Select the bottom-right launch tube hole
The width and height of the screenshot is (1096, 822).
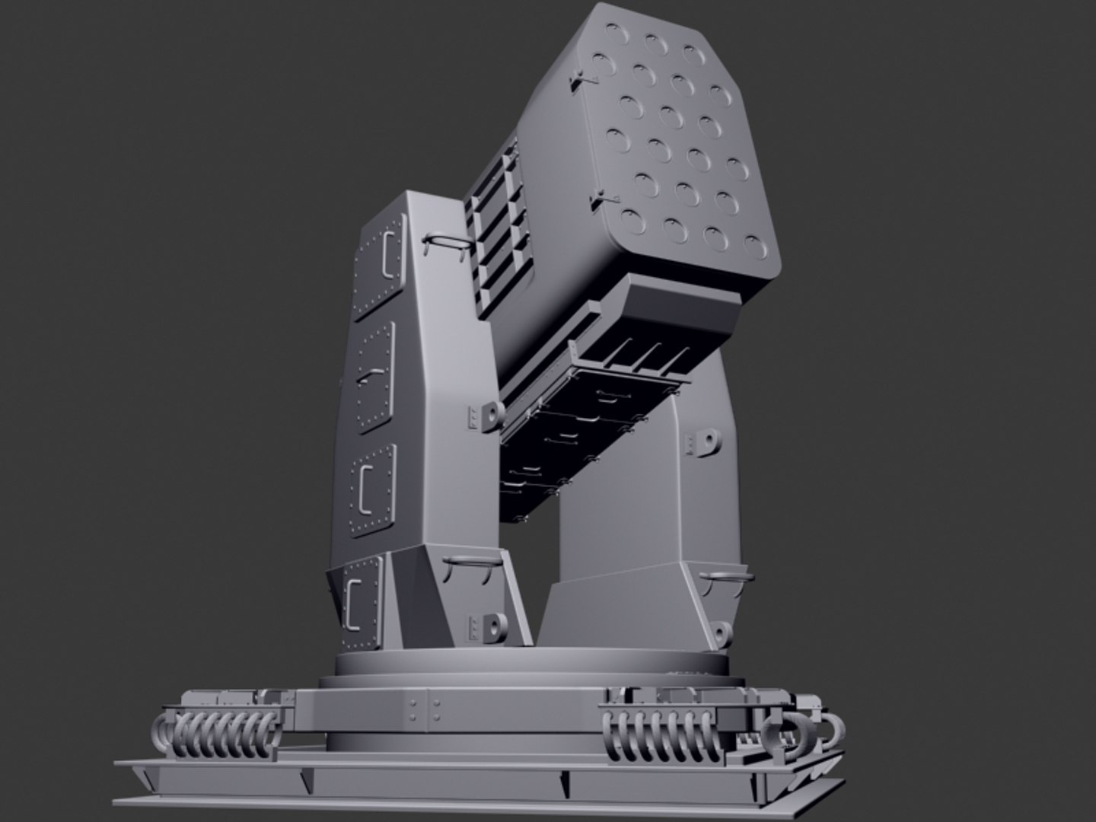(753, 245)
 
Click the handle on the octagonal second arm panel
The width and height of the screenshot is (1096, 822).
(372, 375)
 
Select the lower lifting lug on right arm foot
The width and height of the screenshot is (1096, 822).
(722, 632)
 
